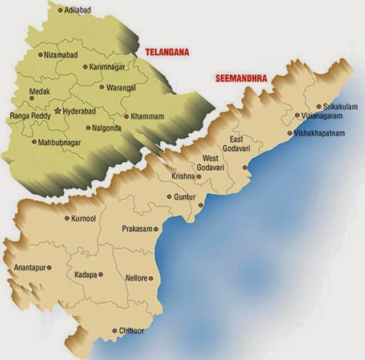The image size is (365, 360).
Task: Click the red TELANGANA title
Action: click(167, 52)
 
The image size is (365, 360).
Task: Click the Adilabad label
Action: click(78, 10)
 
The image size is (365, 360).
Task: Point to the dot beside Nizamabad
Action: click(40, 55)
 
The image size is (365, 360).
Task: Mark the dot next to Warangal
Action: click(102, 88)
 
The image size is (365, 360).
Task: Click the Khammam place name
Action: click(147, 116)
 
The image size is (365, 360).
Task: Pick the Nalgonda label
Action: click(107, 128)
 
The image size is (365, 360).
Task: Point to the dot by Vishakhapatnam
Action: click(290, 134)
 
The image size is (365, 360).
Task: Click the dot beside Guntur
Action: click(169, 197)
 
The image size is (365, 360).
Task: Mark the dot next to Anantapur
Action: click(50, 267)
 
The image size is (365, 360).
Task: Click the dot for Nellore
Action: click(151, 279)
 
